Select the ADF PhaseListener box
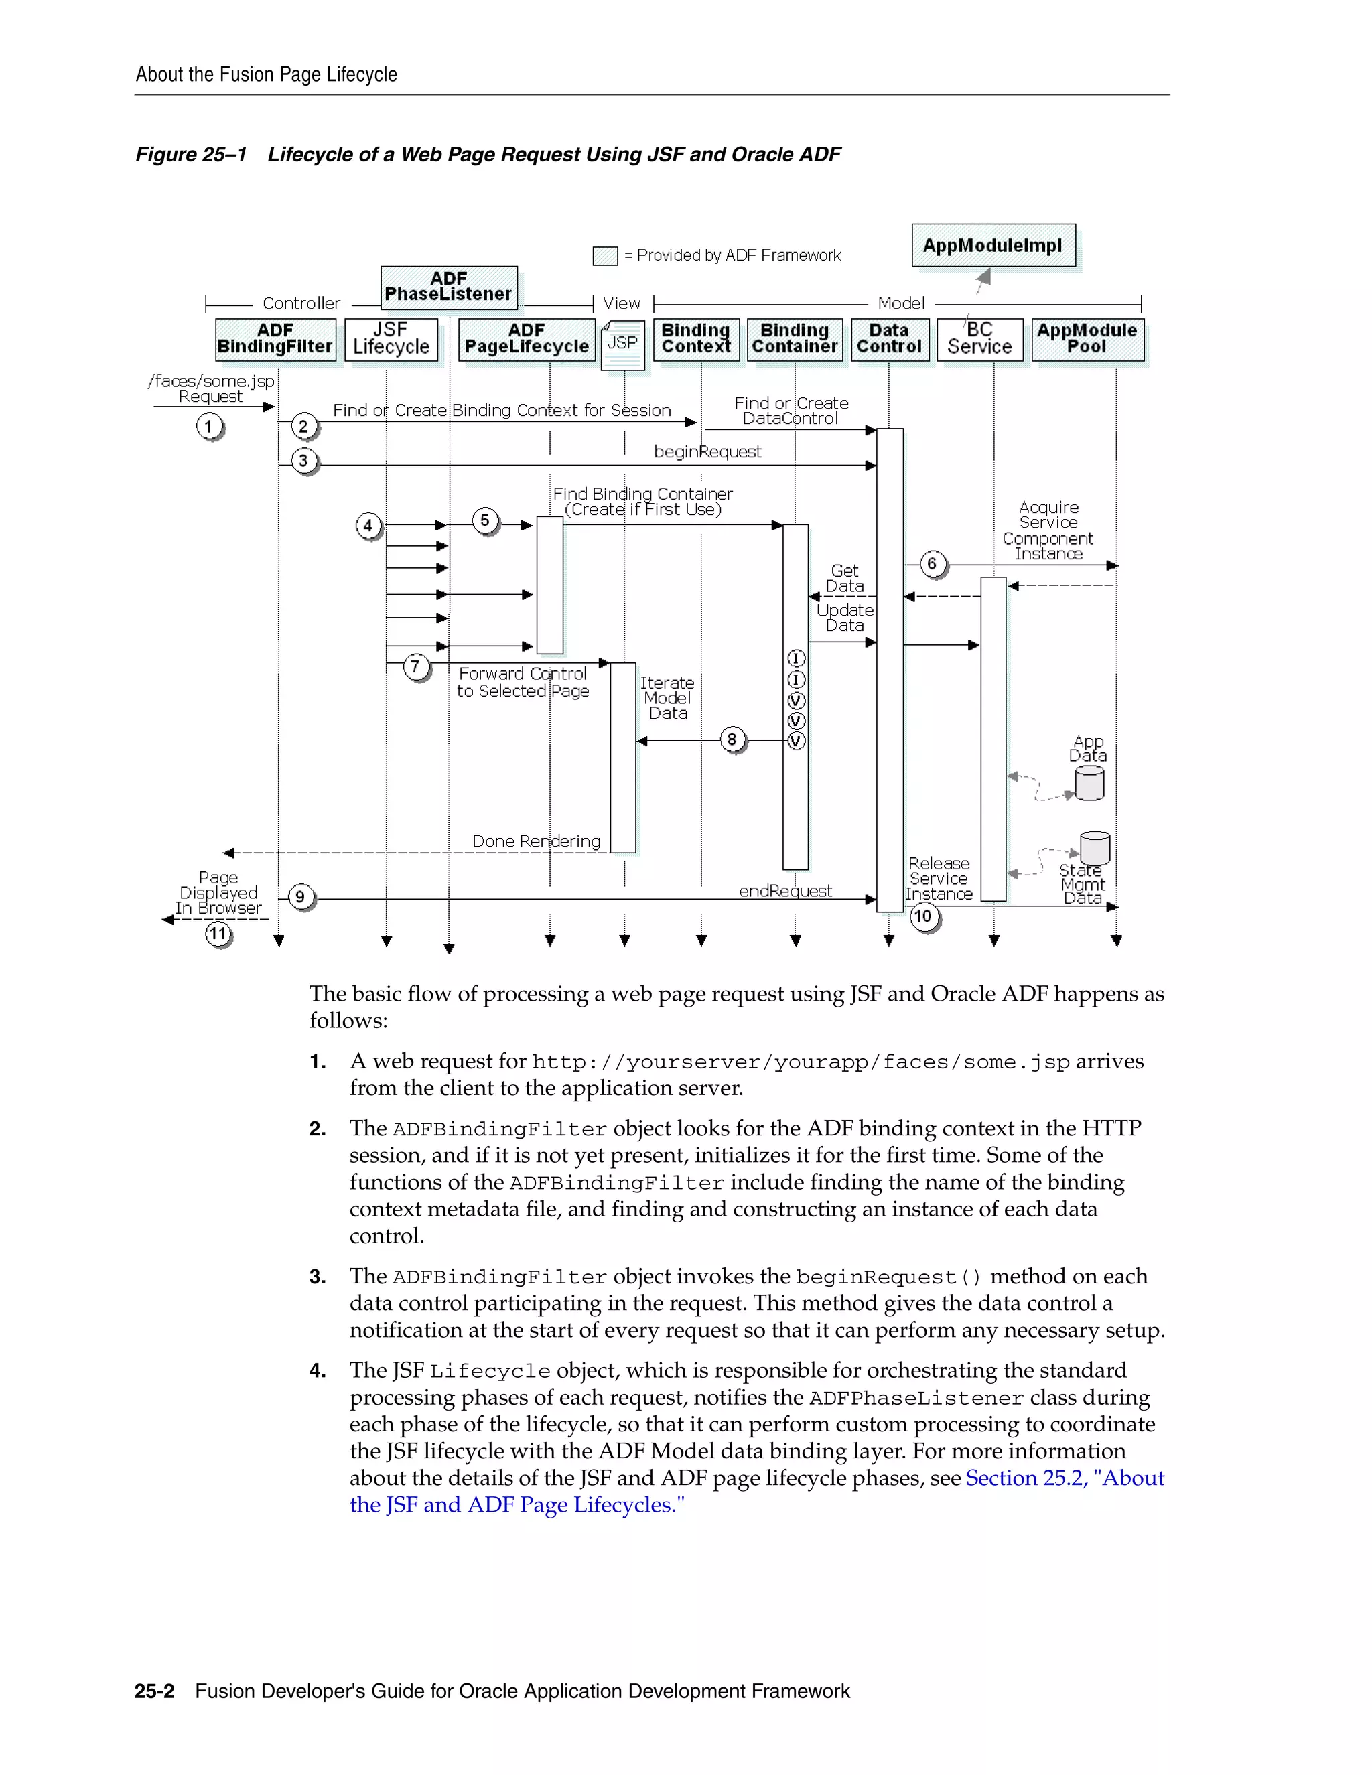[x=449, y=287]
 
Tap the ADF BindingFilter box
[x=275, y=339]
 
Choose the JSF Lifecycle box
[x=391, y=339]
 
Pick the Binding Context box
[x=696, y=339]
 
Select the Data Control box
[x=888, y=339]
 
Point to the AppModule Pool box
[x=1087, y=339]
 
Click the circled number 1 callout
[x=209, y=426]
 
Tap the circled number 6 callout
[x=933, y=563]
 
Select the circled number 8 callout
[x=732, y=739]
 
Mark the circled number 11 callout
[x=218, y=934]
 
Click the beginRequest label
[x=707, y=452]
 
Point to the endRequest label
[x=785, y=891]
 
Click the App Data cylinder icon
[x=1089, y=784]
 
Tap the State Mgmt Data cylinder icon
[x=1095, y=848]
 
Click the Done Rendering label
[x=537, y=841]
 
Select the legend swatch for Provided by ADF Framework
[x=605, y=256]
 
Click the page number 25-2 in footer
[x=155, y=1691]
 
